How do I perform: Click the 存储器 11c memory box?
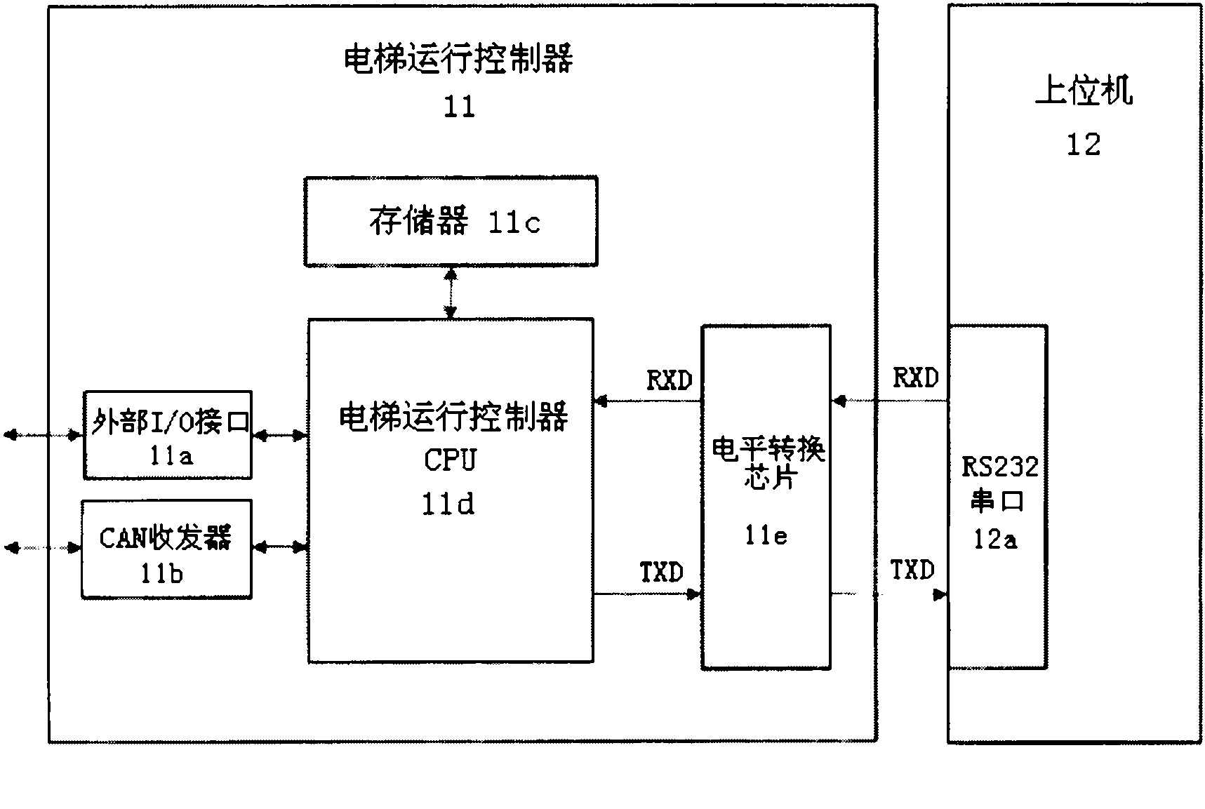(x=451, y=222)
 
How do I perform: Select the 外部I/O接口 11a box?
(x=168, y=436)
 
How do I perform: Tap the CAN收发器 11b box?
(x=166, y=549)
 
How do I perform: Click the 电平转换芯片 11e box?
(x=766, y=497)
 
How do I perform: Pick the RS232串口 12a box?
(x=997, y=497)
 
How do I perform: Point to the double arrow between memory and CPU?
(x=451, y=293)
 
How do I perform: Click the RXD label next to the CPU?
(x=669, y=381)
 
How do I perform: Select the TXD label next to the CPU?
(x=661, y=573)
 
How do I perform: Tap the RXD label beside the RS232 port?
(x=915, y=378)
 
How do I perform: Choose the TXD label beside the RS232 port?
(x=912, y=570)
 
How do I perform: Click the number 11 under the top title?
(x=460, y=107)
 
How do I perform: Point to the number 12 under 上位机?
(x=1083, y=145)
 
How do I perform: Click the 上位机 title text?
(x=1084, y=92)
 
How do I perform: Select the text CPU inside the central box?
(x=450, y=460)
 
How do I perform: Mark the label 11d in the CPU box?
(x=448, y=504)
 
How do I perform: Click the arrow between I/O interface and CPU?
(x=279, y=436)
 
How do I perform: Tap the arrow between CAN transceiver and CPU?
(x=279, y=547)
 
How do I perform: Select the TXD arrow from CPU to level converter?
(x=647, y=594)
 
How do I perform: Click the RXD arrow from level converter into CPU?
(x=647, y=401)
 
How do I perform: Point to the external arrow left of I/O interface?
(x=43, y=436)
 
